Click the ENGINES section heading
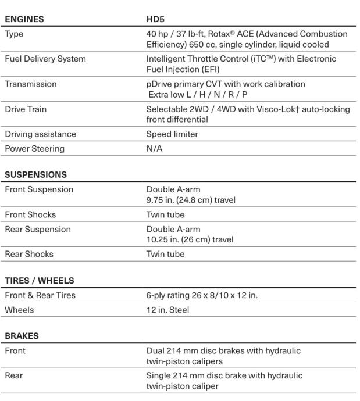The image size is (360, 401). pyautogui.click(x=24, y=20)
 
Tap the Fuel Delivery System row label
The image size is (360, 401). pyautogui.click(x=45, y=59)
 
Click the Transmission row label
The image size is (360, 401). pyautogui.click(x=30, y=84)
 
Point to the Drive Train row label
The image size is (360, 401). pyautogui.click(x=26, y=109)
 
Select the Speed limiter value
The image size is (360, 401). pyautogui.click(x=172, y=134)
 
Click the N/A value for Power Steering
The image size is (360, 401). pyautogui.click(x=154, y=148)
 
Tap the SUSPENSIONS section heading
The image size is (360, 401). pyautogui.click(x=35, y=174)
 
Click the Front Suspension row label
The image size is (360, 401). pyautogui.click(x=38, y=189)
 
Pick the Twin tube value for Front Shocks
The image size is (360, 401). pyautogui.click(x=165, y=214)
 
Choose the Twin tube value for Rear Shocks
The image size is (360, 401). pyautogui.click(x=165, y=254)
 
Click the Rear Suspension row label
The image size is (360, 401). pyautogui.click(x=37, y=229)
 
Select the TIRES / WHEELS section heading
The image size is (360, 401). pyautogui.click(x=40, y=281)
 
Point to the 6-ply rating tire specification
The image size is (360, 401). pyautogui.click(x=201, y=296)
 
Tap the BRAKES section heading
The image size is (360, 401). pyautogui.click(x=21, y=336)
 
